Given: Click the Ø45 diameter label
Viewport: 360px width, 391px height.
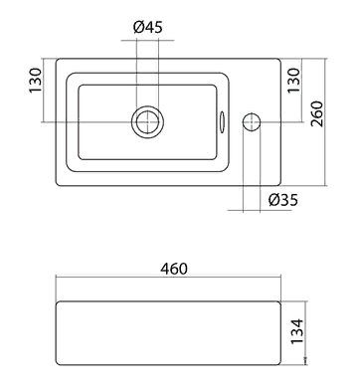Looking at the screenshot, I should (x=147, y=27).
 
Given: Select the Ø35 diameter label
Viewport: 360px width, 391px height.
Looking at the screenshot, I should (x=284, y=200).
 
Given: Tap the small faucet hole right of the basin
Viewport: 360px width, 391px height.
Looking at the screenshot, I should (x=252, y=121).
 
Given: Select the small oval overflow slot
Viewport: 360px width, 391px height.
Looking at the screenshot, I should (x=221, y=121).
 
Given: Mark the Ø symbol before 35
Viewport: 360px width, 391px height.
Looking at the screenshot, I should (x=273, y=200).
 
